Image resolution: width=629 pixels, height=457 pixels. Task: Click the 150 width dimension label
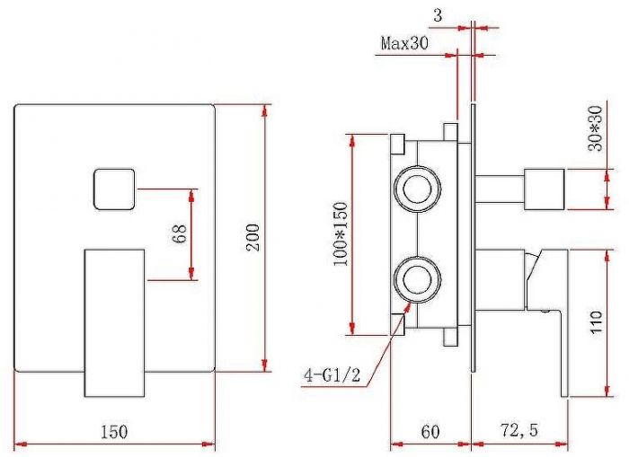point(114,432)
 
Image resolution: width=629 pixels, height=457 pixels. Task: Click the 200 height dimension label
point(252,237)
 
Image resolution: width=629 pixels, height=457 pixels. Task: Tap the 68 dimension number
point(180,233)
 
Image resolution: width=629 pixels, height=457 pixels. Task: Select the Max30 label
point(404,42)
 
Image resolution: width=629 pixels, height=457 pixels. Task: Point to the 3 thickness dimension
point(438,15)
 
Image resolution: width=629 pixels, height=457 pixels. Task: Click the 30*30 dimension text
point(595,128)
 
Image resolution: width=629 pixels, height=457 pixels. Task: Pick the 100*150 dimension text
point(340,234)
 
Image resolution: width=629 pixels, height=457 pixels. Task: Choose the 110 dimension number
point(596,321)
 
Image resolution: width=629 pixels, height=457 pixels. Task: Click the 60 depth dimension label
point(430,432)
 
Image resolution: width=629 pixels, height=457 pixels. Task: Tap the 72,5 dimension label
point(519,431)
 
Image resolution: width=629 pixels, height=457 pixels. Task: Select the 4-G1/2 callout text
point(332,375)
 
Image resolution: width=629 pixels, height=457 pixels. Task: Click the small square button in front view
point(114,189)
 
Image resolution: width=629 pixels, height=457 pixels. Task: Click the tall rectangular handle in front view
point(114,323)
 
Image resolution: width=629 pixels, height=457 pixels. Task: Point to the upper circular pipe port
point(417,189)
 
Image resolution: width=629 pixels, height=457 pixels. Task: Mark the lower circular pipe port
point(417,279)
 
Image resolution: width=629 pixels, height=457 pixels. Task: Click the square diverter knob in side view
point(545,189)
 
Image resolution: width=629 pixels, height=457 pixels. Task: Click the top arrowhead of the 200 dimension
point(264,111)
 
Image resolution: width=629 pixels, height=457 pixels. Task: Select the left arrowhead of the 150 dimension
point(21,444)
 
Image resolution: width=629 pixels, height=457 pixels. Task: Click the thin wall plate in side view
point(474,238)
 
